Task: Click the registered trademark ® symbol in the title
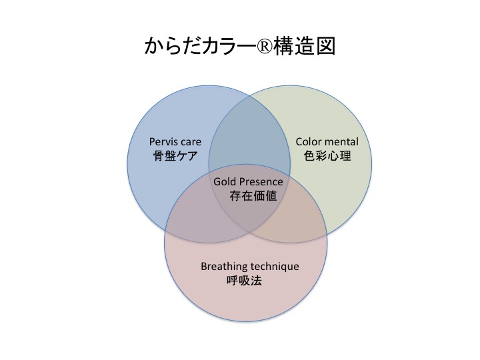point(263,47)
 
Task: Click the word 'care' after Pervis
point(191,143)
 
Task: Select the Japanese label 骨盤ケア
point(175,156)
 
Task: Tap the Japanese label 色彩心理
point(327,156)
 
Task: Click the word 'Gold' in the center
point(225,181)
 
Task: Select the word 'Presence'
point(261,181)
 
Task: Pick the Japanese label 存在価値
point(253,196)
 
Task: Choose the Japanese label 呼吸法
point(244,281)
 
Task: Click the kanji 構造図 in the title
point(304,47)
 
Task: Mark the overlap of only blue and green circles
point(249,135)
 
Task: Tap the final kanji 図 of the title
point(326,47)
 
